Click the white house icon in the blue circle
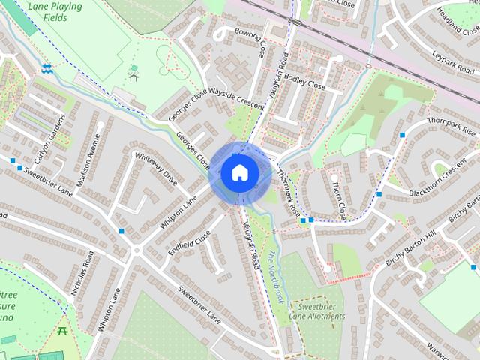(x=238, y=172)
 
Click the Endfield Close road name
(x=190, y=244)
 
